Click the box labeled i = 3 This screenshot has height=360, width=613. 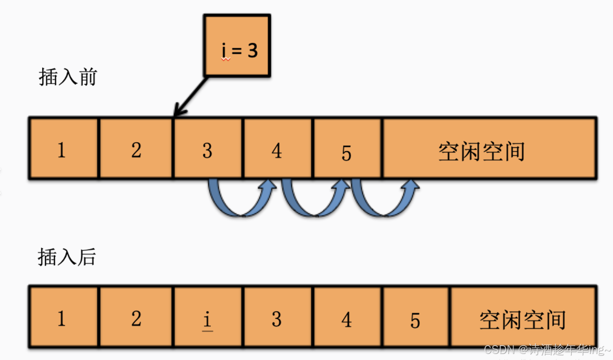tap(237, 45)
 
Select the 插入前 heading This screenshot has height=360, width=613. tap(67, 77)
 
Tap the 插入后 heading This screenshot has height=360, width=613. tap(66, 257)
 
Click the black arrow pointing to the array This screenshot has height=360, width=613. tap(190, 98)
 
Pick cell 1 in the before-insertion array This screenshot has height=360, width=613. tap(64, 149)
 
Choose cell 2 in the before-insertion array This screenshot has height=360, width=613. tap(136, 149)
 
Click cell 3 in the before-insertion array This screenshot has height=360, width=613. tap(208, 149)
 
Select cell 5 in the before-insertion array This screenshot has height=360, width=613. tap(347, 149)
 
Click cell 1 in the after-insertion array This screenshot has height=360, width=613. tap(64, 317)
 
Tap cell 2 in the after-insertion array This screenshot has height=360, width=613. tap(136, 317)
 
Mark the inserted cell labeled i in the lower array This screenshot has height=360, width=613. tap(208, 317)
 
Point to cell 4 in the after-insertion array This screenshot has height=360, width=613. tap(347, 317)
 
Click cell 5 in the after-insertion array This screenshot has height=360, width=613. tap(416, 317)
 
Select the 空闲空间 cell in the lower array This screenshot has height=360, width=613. tap(523, 317)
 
